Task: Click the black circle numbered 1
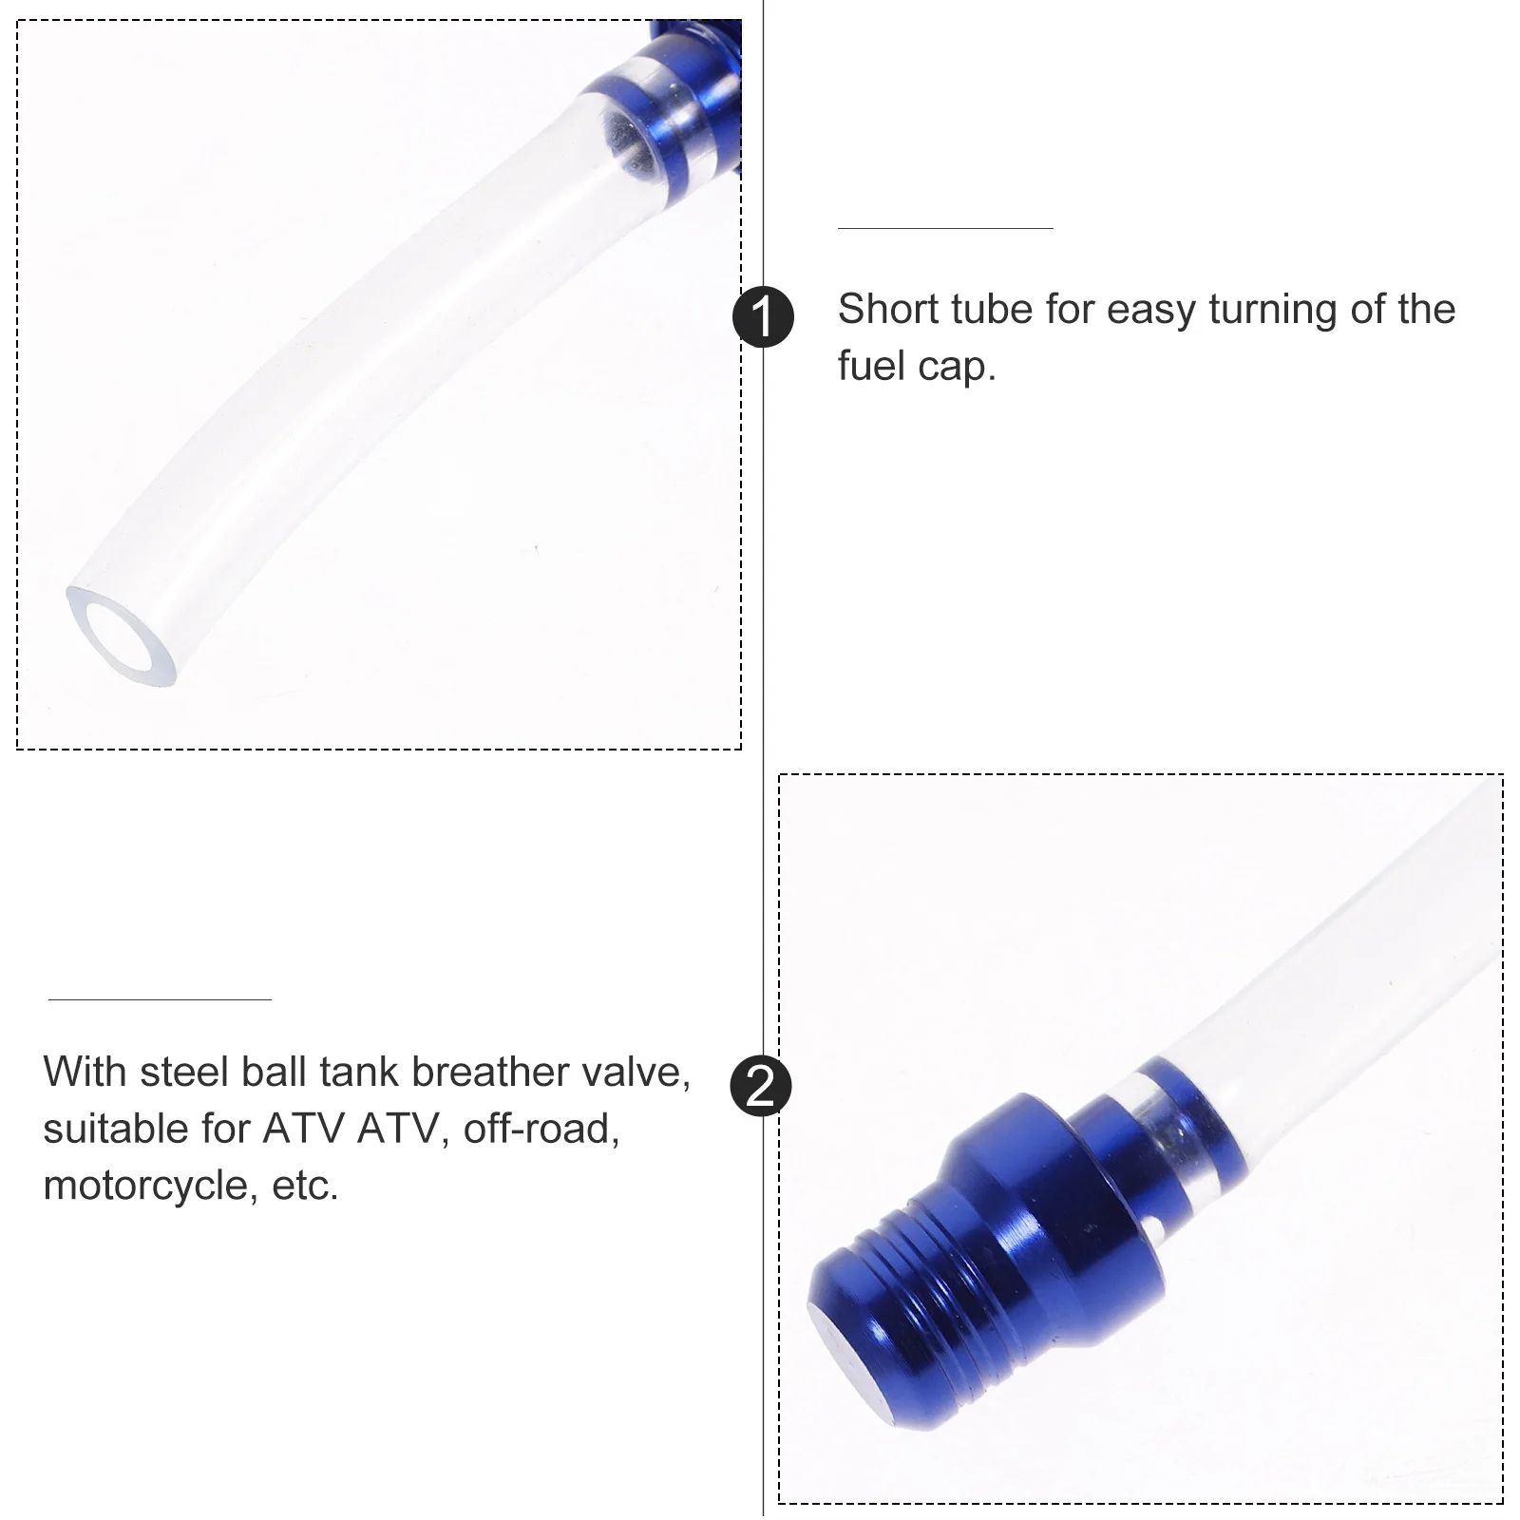[x=763, y=316]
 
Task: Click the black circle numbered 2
[x=761, y=1086]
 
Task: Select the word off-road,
[x=541, y=1130]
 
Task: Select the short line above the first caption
[x=944, y=228]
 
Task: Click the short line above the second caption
[x=160, y=999]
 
